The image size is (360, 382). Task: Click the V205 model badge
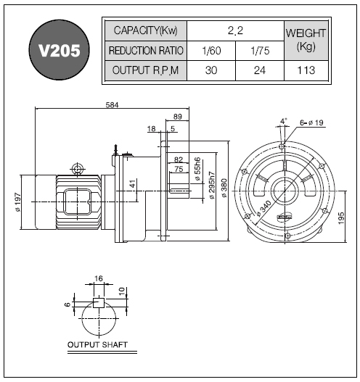60,50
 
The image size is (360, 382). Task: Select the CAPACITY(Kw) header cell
146,30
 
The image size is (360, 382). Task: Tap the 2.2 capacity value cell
235,30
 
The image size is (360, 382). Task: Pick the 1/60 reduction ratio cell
211,51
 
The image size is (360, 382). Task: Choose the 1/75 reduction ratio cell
260,51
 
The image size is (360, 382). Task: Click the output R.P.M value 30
211,70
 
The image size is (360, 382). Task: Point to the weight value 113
306,70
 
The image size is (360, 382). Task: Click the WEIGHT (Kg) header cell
306,41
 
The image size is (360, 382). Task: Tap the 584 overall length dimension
112,105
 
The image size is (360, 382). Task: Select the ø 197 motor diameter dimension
18,202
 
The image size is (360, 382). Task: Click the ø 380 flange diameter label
224,188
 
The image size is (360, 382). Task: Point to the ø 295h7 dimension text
212,186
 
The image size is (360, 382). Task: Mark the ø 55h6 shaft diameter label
197,169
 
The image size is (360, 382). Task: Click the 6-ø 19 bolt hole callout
311,123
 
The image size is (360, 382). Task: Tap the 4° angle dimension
283,121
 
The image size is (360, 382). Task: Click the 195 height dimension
341,218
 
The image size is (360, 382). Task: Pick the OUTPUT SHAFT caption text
97,345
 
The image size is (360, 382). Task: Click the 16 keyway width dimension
99,278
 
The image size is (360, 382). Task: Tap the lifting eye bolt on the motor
78,169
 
